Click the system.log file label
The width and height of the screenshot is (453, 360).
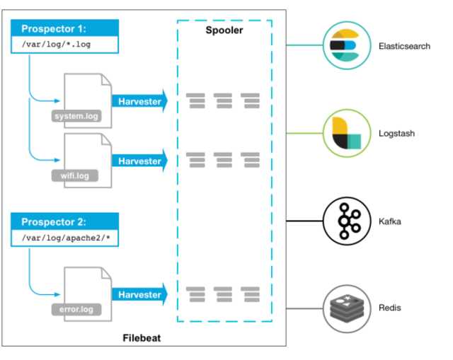(77, 116)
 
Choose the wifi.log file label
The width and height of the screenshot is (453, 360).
(74, 174)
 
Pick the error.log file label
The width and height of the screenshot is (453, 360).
(76, 309)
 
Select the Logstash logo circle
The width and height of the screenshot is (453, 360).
(346, 132)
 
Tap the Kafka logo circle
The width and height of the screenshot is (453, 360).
(346, 221)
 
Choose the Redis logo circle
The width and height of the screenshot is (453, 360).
(346, 308)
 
